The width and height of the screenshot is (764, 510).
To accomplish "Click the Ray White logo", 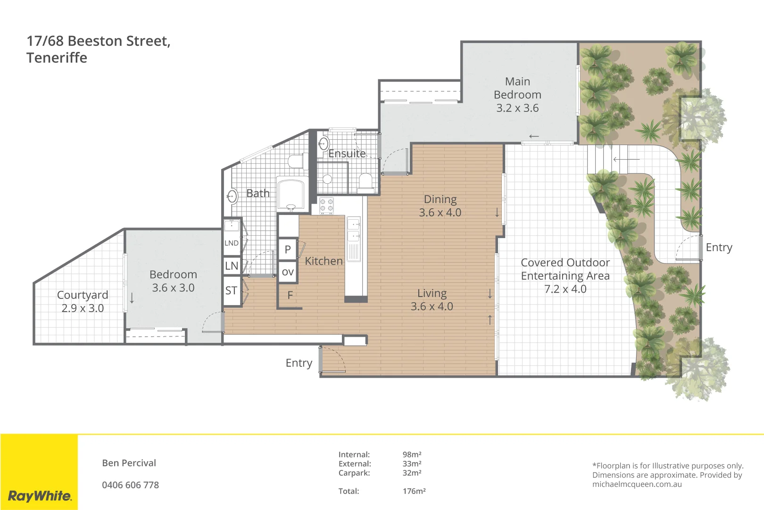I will (40, 496).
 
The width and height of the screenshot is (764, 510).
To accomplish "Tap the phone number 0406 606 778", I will (130, 485).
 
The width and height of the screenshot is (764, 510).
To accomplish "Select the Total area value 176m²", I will (414, 491).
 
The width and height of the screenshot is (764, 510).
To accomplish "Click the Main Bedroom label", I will (517, 94).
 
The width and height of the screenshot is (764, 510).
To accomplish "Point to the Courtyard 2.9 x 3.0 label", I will (83, 301).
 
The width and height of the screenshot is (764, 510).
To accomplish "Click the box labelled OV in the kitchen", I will (288, 272).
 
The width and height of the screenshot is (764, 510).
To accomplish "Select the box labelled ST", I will (231, 290).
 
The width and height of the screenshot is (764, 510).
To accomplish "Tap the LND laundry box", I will (231, 243).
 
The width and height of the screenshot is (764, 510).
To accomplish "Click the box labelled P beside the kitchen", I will (288, 249).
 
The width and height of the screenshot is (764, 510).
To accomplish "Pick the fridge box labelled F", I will (290, 295).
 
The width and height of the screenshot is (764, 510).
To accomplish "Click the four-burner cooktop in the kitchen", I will (326, 205).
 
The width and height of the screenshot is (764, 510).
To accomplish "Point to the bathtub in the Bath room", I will (291, 194).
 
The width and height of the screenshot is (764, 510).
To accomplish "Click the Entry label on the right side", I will (719, 247).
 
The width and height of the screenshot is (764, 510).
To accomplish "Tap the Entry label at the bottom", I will (299, 363).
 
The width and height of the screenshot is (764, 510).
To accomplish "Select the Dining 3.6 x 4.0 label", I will (440, 206).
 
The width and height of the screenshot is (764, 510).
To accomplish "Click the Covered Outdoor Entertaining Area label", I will (565, 276).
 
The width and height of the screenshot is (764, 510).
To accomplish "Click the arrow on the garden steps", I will (626, 160).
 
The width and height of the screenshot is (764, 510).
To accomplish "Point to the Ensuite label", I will (347, 154).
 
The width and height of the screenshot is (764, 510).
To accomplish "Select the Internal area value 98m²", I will (412, 455).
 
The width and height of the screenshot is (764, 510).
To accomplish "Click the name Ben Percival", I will (129, 463).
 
